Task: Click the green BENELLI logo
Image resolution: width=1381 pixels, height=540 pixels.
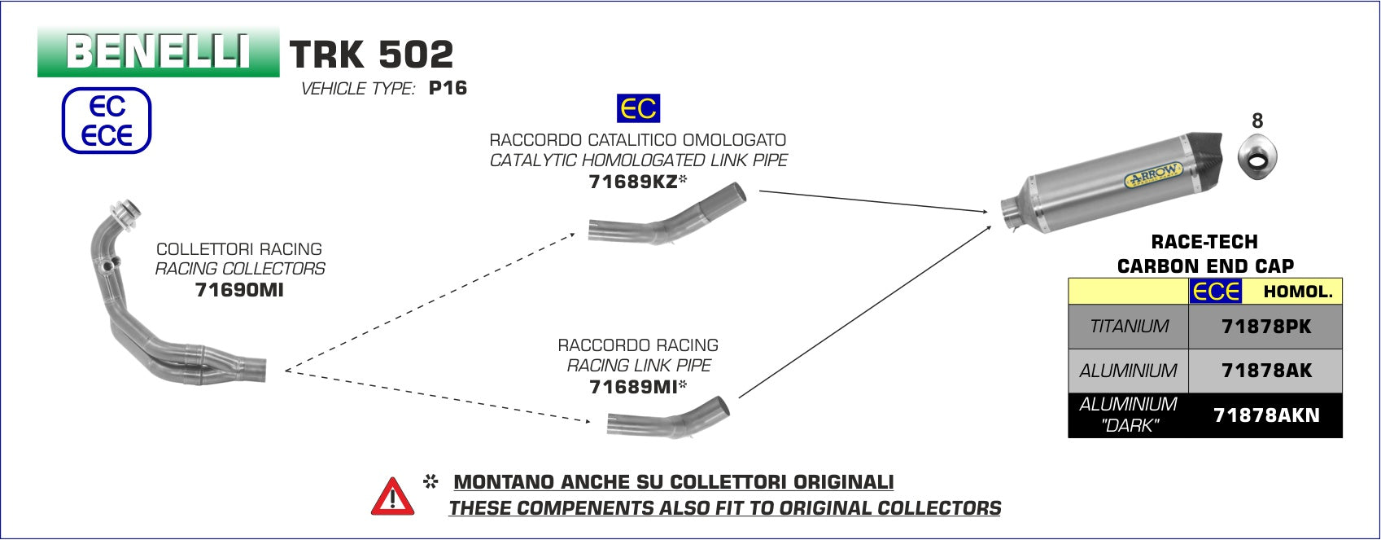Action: point(158,51)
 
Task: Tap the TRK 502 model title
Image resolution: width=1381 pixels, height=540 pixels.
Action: point(371,55)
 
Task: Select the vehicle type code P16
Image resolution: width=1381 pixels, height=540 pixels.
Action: point(448,88)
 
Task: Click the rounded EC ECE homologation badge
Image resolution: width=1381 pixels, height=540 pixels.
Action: point(107,121)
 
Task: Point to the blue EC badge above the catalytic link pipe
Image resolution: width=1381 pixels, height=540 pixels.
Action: point(638,109)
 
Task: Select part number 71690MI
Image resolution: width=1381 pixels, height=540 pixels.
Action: point(239,289)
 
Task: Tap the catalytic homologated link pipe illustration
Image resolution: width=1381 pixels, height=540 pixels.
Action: point(667,216)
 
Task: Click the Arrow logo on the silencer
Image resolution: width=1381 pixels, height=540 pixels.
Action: point(1152,176)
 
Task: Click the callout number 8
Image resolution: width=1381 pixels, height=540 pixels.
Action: point(1257,121)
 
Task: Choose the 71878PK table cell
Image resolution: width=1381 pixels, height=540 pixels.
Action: point(1265,327)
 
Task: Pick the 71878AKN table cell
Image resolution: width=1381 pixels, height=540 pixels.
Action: point(1265,415)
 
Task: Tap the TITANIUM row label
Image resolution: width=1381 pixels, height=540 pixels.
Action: point(1129,327)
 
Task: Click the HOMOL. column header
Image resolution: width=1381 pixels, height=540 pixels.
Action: point(1298,292)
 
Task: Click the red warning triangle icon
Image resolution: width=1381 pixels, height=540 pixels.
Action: point(392,496)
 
